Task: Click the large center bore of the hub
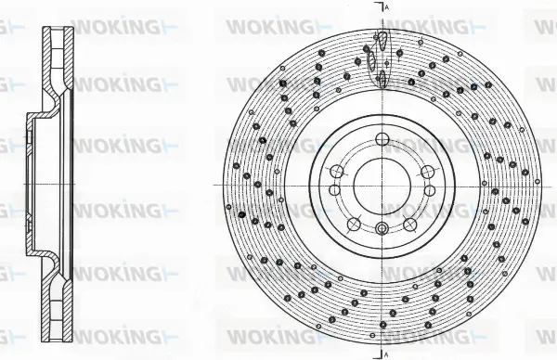click(379, 183)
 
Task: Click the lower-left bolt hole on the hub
click(353, 223)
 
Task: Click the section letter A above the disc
click(386, 7)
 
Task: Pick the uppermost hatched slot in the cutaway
click(379, 40)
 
